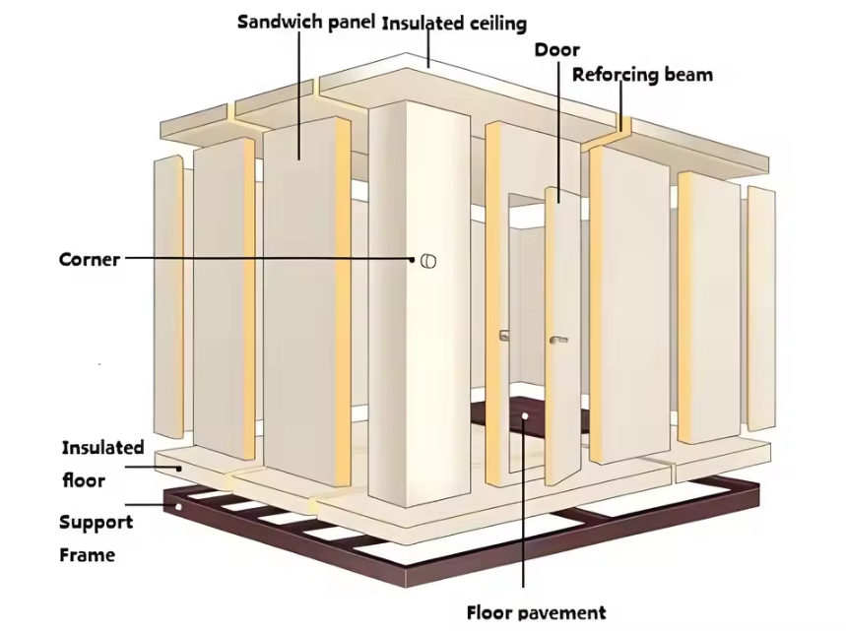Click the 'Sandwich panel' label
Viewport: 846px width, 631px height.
[x=306, y=22]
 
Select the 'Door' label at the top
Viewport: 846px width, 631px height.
[x=556, y=49]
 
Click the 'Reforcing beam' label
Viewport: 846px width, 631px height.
[x=642, y=74]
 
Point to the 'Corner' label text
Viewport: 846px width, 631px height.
[x=90, y=260]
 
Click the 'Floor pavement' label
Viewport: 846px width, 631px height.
[x=536, y=612]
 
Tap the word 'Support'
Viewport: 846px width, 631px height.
[x=97, y=522]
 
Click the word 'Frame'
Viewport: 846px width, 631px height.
[x=88, y=555]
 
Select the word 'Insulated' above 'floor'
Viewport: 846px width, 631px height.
[x=103, y=448]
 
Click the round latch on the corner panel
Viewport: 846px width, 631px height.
[x=427, y=260]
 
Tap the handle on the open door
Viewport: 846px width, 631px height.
[x=559, y=339]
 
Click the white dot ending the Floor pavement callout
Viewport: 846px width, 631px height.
[x=526, y=416]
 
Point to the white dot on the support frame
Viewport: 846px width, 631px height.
[x=178, y=508]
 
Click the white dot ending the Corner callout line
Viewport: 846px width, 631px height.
[x=414, y=260]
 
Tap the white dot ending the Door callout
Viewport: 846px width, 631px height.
[x=558, y=200]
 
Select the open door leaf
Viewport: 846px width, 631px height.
[x=563, y=335]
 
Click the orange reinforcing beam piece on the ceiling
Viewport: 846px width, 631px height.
[x=622, y=126]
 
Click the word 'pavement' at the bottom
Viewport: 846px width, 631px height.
[x=564, y=612]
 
